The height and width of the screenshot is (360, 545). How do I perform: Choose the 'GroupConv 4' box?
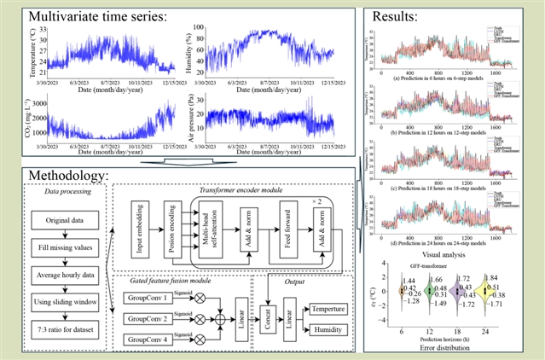point(146,340)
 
